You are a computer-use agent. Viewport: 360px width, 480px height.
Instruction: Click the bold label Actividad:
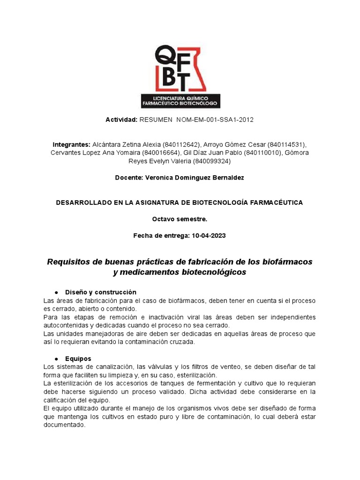[121, 120]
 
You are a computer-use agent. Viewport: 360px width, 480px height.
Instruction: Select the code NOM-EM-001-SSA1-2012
[215, 120]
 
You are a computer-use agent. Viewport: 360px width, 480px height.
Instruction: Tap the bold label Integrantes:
[71, 144]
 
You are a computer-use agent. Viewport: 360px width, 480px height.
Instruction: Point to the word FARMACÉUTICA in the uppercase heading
[274, 202]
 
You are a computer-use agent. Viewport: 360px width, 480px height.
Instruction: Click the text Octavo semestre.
[180, 219]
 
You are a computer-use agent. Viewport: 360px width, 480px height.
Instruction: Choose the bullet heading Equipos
[78, 359]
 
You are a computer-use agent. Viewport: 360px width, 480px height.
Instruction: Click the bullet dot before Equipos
[56, 359]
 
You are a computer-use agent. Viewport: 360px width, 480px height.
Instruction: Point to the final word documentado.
[64, 425]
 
